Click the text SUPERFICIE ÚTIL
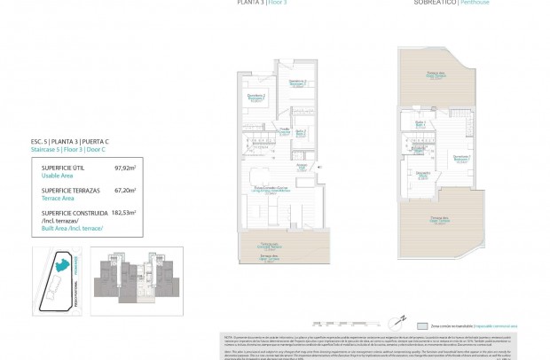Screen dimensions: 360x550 click(x=59, y=167)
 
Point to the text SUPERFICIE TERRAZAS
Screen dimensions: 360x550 click(x=66, y=190)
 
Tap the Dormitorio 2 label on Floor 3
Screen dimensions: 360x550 click(x=256, y=98)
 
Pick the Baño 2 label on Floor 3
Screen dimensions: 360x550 click(x=301, y=132)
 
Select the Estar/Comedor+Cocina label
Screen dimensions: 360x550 click(x=270, y=188)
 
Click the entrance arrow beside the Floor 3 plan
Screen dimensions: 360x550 click(x=321, y=166)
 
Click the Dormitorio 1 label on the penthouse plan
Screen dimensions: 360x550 click(x=461, y=158)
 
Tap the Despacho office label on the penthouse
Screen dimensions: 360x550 click(x=423, y=174)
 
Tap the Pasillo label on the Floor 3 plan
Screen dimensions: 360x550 click(x=286, y=129)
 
